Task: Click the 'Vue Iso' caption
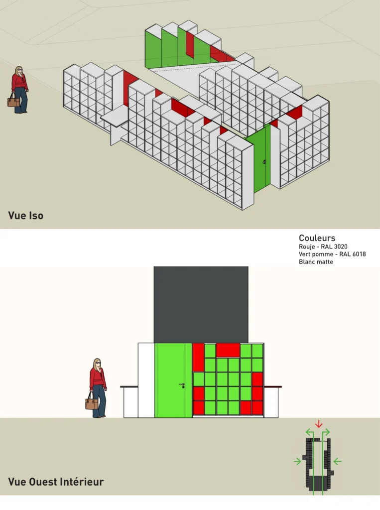[26, 215]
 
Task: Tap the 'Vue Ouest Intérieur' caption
[56, 482]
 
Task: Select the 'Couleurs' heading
[317, 238]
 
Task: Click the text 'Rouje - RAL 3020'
[323, 247]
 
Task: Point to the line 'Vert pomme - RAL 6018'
[332, 254]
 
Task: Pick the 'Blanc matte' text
[316, 261]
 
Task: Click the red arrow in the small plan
[319, 424]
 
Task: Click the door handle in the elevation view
[182, 385]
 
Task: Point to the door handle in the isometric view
[264, 161]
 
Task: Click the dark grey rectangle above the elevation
[201, 304]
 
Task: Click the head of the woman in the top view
[19, 71]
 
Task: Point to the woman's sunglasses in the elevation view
[98, 363]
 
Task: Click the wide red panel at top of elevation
[228, 350]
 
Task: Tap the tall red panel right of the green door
[198, 357]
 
